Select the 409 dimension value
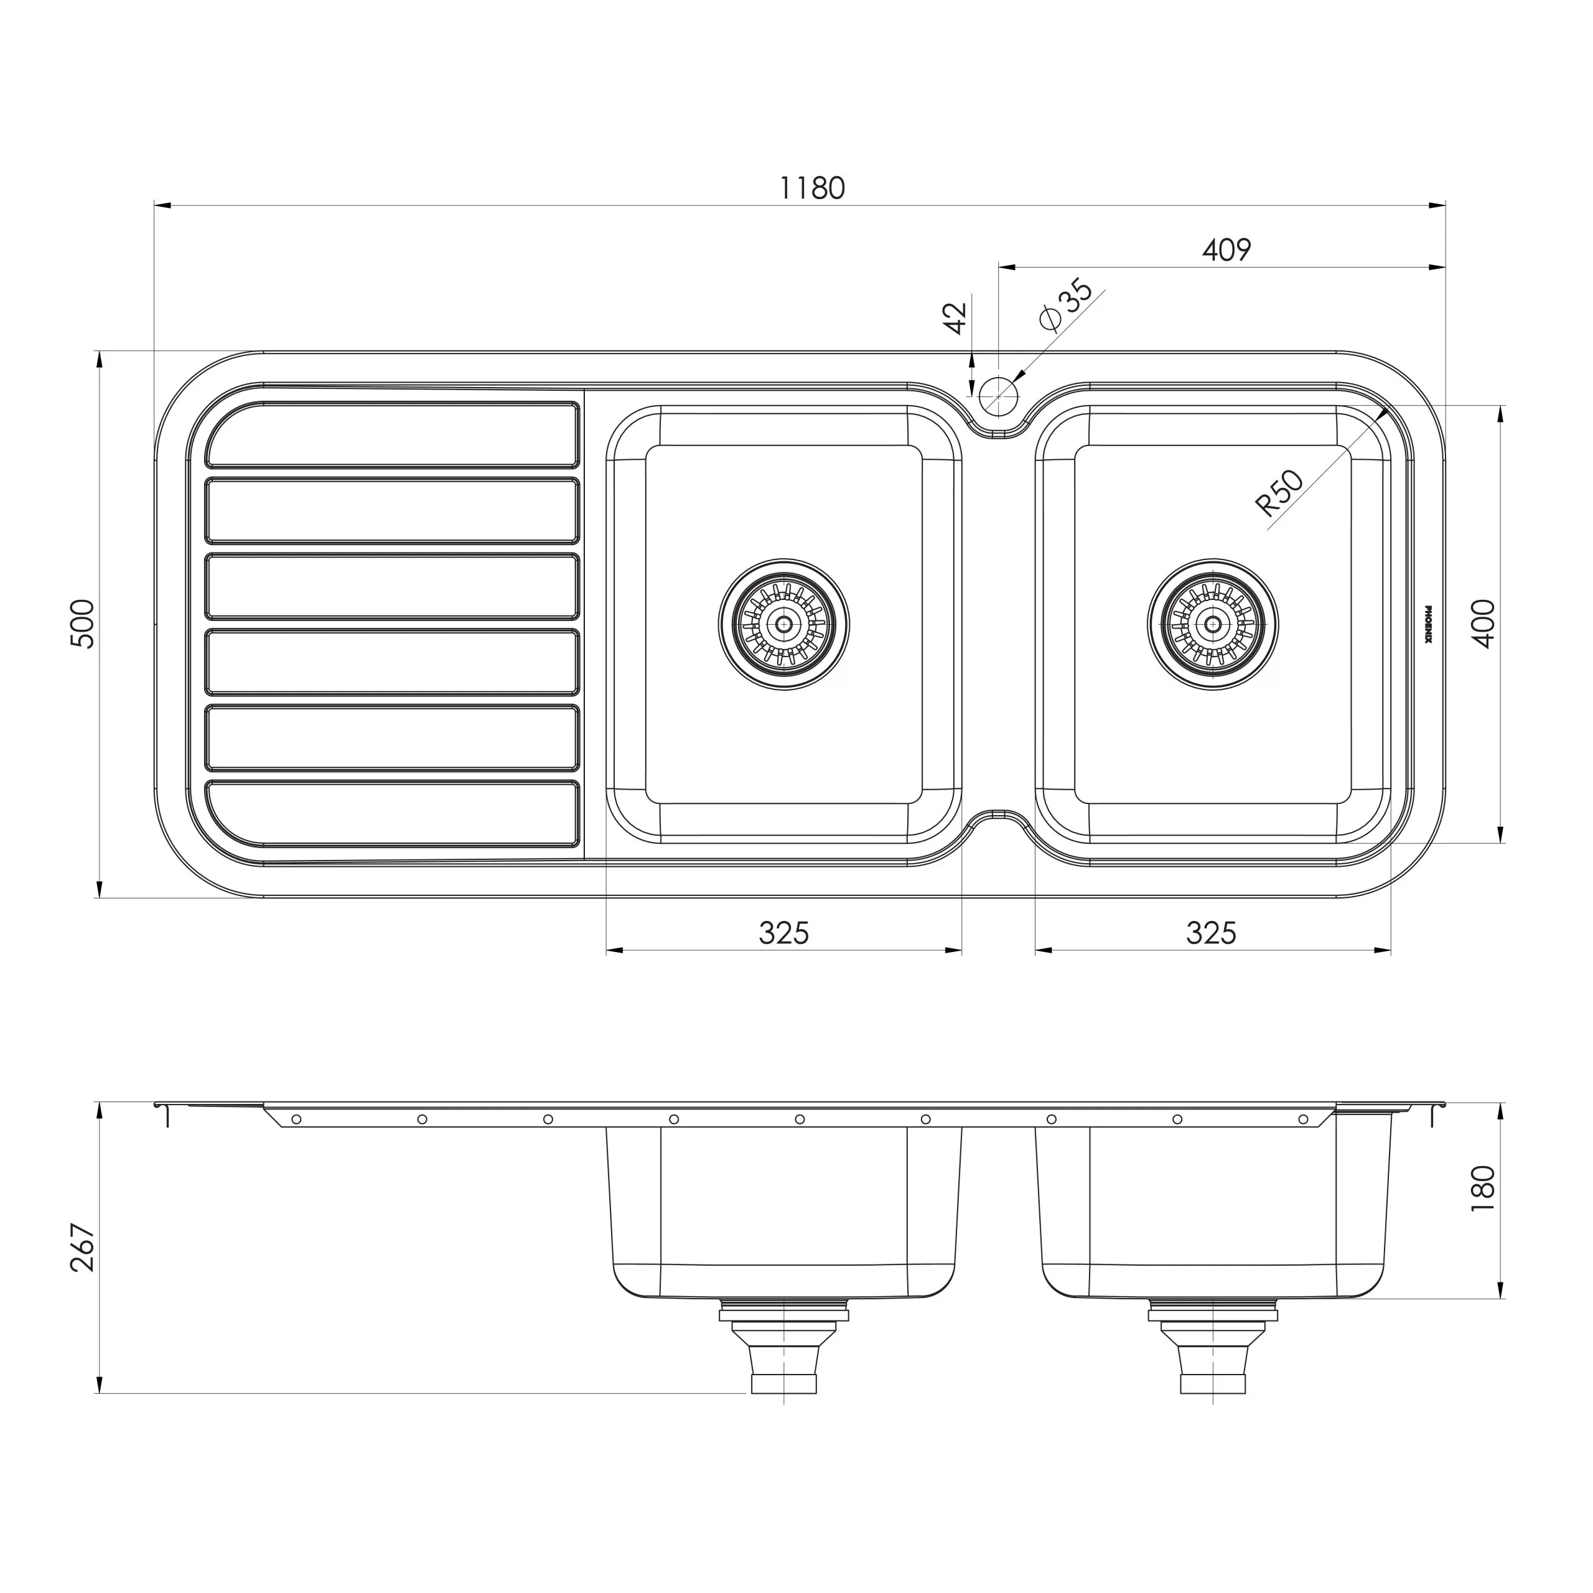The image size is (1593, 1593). pyautogui.click(x=1226, y=249)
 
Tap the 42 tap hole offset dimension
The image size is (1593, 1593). pyautogui.click(x=955, y=318)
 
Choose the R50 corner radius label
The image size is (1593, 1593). pyautogui.click(x=1279, y=493)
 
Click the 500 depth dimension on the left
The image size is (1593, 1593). pyautogui.click(x=85, y=624)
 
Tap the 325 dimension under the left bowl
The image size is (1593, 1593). pyautogui.click(x=783, y=933)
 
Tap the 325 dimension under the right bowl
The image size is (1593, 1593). pyautogui.click(x=1212, y=933)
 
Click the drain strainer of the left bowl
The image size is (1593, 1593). pyautogui.click(x=783, y=624)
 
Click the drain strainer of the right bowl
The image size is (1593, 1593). pyautogui.click(x=1212, y=624)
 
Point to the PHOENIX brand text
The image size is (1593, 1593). pyautogui.click(x=1429, y=624)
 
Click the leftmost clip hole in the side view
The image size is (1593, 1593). pyautogui.click(x=296, y=1119)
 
